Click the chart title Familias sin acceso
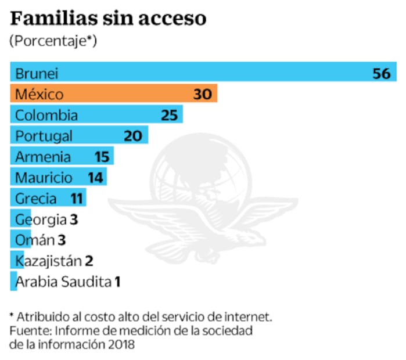tap(108, 19)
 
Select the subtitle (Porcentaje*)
tap(53, 41)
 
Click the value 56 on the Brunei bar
tap(382, 73)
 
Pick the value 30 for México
tap(203, 94)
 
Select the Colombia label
tap(46, 115)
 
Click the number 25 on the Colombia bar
tap(169, 115)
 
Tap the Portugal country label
tap(44, 136)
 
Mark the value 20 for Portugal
tap(133, 136)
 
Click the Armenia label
tap(43, 157)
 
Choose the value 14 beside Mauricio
tap(95, 178)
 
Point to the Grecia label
tap(36, 199)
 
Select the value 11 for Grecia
tap(77, 199)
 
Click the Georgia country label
tap(41, 219)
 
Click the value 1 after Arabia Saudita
tap(117, 282)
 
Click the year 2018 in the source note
tap(119, 344)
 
